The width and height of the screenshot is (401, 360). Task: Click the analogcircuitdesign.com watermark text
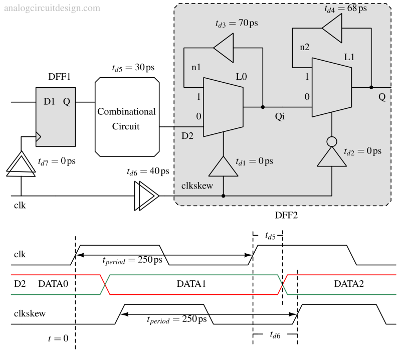(x=52, y=8)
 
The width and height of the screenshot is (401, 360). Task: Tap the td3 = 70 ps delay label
(x=237, y=24)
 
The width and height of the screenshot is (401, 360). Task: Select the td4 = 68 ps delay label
(x=346, y=9)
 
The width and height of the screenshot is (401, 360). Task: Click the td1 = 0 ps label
(x=255, y=161)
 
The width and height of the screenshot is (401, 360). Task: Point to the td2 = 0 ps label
(x=362, y=151)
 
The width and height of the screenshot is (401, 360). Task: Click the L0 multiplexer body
(x=223, y=107)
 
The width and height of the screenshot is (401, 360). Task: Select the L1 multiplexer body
(x=331, y=87)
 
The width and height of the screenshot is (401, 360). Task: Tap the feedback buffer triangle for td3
(x=225, y=48)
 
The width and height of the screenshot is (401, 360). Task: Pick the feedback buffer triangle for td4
(x=333, y=28)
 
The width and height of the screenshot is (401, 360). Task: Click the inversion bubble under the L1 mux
(x=332, y=141)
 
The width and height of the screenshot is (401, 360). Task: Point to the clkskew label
(x=197, y=186)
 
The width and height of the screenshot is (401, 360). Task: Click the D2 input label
(x=187, y=136)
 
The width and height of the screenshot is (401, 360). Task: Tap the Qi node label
(x=280, y=117)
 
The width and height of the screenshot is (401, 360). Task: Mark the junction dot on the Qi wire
(x=263, y=107)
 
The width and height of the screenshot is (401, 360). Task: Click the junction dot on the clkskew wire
(x=223, y=196)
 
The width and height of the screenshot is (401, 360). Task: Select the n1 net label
(x=196, y=68)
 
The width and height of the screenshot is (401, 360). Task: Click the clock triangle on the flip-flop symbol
(x=39, y=136)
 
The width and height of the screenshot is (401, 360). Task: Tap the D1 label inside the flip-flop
(x=49, y=102)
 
